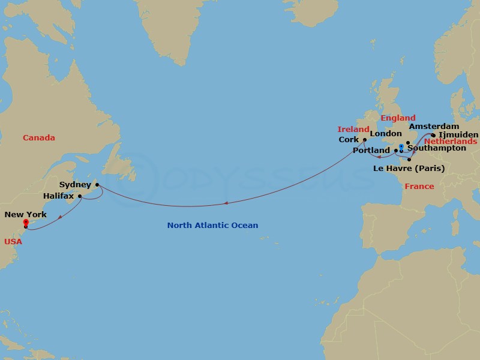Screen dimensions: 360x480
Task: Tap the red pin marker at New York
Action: [x=26, y=223]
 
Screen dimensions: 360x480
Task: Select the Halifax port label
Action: [x=59, y=196]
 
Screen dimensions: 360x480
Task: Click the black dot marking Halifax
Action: [x=80, y=196]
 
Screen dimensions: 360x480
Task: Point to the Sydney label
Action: [x=76, y=185]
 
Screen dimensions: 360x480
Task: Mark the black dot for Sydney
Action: [x=97, y=185]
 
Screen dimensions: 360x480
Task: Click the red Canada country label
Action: [x=39, y=138]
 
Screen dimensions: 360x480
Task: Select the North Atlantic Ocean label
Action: [x=212, y=226]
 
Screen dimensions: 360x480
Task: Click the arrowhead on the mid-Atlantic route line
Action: [x=226, y=203]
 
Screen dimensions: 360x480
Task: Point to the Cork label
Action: [x=349, y=140]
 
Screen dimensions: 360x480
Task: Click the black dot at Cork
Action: [x=364, y=140]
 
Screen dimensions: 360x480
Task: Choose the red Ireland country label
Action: [x=353, y=129]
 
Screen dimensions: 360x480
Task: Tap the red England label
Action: [x=398, y=118]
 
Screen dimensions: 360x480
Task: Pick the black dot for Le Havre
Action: [x=409, y=159]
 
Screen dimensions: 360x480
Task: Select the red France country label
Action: [x=419, y=187]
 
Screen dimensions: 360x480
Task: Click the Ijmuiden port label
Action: [x=459, y=135]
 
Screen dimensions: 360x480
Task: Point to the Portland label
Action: [x=372, y=151]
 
